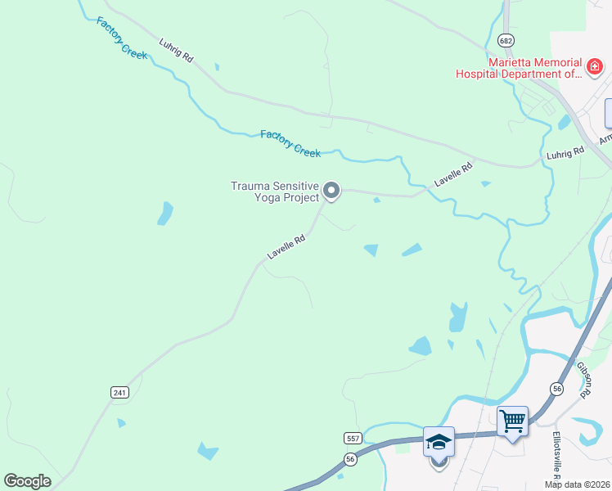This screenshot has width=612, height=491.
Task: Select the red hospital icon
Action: (596, 63)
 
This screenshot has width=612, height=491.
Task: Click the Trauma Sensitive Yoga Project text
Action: (274, 191)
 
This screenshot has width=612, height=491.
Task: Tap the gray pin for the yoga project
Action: (331, 191)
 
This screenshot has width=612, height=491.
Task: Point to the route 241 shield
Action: (119, 393)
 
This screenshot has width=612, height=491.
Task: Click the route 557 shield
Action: (353, 439)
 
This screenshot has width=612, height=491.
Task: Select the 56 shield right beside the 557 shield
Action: (350, 460)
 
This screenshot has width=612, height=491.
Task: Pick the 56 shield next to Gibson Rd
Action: (557, 390)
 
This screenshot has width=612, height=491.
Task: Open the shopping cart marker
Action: (512, 422)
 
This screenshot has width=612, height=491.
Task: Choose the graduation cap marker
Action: (439, 443)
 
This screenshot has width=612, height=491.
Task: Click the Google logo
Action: (27, 481)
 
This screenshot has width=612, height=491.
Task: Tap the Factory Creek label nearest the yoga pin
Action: (290, 143)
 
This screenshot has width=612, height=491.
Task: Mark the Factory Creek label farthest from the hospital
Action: (121, 37)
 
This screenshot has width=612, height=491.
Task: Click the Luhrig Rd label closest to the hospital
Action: (565, 152)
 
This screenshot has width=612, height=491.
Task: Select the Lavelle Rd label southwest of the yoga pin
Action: (286, 247)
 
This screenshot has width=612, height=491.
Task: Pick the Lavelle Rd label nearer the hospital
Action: (454, 176)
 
